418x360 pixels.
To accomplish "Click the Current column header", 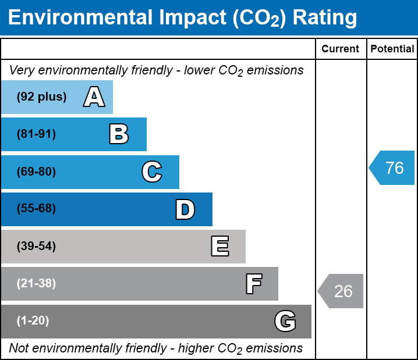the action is point(340,49).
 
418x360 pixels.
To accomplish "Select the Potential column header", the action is point(392,49).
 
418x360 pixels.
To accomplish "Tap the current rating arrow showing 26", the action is point(341,291).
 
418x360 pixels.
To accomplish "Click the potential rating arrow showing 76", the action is point(392,167).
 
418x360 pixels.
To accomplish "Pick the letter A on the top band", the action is point(94,97).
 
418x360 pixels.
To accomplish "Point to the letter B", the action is point(119,134).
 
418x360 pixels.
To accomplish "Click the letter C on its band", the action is point(152,172).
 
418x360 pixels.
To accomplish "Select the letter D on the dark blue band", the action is point(185,209).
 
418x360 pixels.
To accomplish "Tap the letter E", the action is point(220,246).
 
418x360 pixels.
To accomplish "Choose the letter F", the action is point(254,284).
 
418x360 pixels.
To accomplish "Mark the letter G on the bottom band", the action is point(285,321).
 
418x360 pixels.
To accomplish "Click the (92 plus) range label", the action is point(41,97).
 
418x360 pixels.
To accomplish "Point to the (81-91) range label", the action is point(36,134).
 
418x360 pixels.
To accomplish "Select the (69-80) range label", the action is point(36,172).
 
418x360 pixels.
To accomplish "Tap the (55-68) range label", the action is point(36,208).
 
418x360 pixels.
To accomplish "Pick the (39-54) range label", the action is point(36,247).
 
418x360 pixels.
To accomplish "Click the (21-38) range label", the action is point(36,284).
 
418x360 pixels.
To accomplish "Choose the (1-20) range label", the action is point(33,321).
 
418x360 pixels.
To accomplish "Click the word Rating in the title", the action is point(325,18).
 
